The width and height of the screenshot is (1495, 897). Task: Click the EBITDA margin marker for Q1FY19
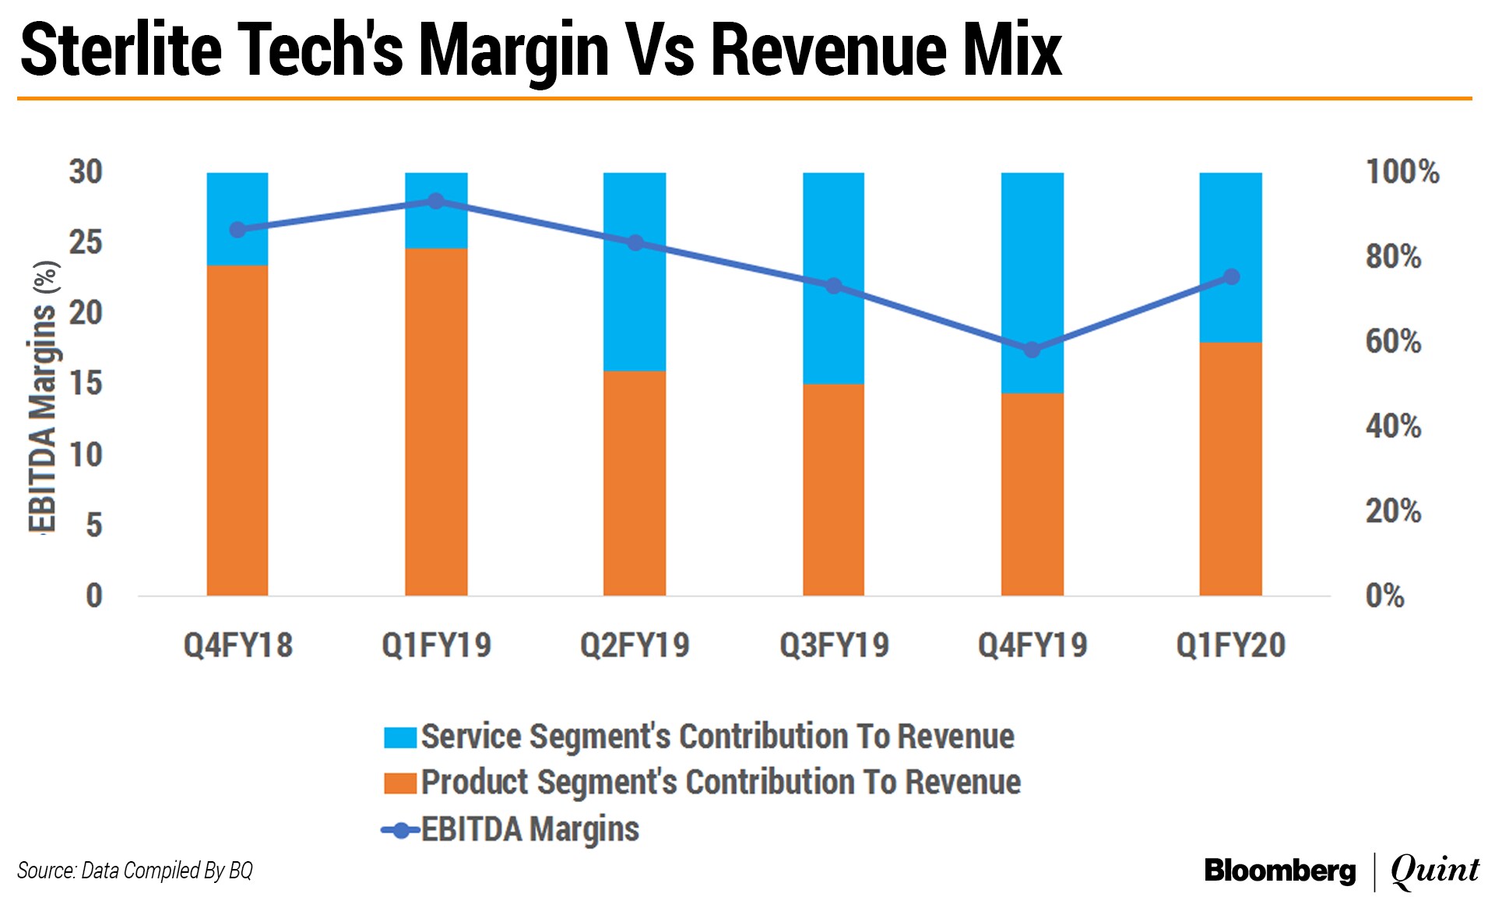[x=436, y=202]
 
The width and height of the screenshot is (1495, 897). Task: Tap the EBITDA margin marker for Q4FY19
[x=1032, y=350]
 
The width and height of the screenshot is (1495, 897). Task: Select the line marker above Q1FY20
[x=1231, y=276]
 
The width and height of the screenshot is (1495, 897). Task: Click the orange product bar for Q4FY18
[x=237, y=431]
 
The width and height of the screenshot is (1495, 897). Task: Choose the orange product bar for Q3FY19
[x=833, y=490]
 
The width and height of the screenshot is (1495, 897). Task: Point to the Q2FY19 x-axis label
[x=635, y=645]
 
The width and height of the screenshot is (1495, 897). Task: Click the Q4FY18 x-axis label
[x=237, y=645]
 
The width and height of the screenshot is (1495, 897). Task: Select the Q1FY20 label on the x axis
[x=1230, y=645]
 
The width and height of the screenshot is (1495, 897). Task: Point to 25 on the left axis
[x=86, y=242]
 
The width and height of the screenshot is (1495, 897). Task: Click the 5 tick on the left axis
[x=93, y=525]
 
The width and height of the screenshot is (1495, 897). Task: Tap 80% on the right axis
[x=1393, y=256]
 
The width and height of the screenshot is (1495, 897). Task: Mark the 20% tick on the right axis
[x=1393, y=512]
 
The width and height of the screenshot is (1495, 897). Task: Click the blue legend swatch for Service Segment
[x=400, y=737]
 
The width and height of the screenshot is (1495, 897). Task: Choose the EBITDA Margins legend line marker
[x=401, y=830]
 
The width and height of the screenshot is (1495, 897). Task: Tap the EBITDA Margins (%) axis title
[x=44, y=397]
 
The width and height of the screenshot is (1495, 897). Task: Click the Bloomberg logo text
[x=1279, y=871]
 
